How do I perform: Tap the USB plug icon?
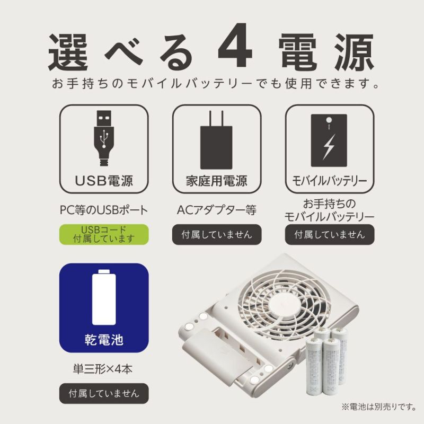104,138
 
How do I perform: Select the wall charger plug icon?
216,140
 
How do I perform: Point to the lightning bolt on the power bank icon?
329,147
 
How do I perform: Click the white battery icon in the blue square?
104,297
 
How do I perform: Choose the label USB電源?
104,181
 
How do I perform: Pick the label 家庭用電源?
217,181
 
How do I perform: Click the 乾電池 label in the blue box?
104,340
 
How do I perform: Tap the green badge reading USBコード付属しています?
104,234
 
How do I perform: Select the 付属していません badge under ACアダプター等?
217,234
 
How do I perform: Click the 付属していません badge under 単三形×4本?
104,393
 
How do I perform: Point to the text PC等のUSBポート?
104,210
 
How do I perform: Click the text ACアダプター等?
217,210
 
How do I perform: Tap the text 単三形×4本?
103,369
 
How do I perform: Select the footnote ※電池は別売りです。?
378,407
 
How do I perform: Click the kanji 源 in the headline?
355,52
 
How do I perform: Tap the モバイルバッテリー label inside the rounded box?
329,181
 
